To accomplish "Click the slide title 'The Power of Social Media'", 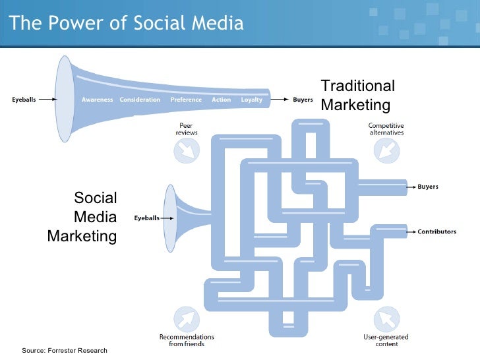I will click(x=127, y=24).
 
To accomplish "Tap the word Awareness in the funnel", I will click(x=97, y=100).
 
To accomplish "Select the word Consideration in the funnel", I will click(x=140, y=100).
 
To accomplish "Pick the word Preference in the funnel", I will click(x=186, y=100).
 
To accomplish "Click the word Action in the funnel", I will click(x=222, y=100).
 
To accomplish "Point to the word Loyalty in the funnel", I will click(x=251, y=100).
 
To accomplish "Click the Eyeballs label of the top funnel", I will click(x=24, y=100).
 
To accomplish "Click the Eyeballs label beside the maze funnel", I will click(x=146, y=218).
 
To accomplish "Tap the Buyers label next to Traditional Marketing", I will click(x=303, y=100).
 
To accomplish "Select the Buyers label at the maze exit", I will click(x=427, y=187).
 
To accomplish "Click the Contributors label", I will click(x=436, y=232).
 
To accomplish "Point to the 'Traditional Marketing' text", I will click(x=357, y=96).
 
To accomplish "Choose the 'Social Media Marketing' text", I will click(x=82, y=217).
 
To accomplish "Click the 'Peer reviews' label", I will click(x=186, y=129).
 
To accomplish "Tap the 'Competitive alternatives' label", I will click(x=386, y=129).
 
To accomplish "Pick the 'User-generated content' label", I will click(x=386, y=340).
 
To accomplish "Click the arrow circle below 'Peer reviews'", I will click(x=186, y=152).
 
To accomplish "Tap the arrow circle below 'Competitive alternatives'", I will click(x=386, y=152).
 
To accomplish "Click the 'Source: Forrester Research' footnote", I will click(x=65, y=350).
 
